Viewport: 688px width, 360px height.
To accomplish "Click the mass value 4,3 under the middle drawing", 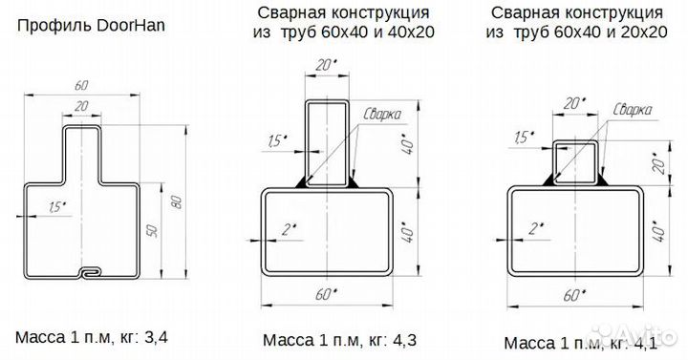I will [407, 340].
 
